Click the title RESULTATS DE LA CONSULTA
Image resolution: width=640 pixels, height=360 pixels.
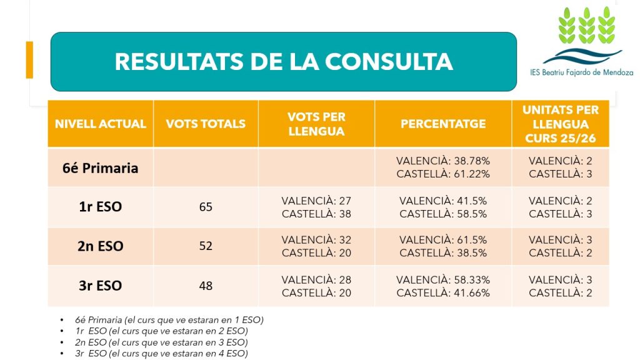283,61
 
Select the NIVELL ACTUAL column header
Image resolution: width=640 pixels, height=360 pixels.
101,124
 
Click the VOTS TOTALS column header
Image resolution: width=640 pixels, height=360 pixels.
206,124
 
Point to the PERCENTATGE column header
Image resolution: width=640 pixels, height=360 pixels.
443,124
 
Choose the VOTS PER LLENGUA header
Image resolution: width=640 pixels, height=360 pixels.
316,124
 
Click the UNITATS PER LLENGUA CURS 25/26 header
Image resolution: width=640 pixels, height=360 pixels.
560,124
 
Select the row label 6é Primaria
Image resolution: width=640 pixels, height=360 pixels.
101,167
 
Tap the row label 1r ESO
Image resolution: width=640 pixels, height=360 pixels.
101,207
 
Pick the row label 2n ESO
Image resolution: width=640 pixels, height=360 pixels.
101,246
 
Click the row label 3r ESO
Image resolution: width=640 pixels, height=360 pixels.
101,286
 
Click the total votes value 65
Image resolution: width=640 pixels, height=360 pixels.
206,207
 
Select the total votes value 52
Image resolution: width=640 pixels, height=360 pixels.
206,246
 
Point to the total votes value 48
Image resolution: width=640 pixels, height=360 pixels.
206,286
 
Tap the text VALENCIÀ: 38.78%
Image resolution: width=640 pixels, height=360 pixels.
443,161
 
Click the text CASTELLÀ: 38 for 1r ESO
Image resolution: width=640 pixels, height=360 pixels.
316,214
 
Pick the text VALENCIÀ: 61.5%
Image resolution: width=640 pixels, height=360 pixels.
443,239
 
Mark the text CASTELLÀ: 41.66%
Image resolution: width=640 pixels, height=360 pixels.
443,292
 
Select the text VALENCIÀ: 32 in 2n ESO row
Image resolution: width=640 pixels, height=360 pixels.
316,239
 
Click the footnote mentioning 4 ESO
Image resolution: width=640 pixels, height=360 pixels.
161,354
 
